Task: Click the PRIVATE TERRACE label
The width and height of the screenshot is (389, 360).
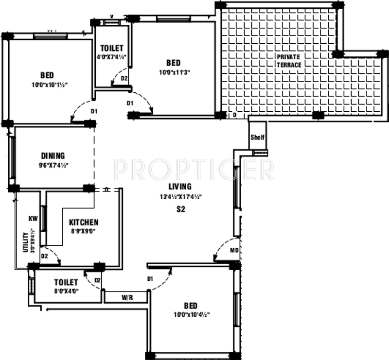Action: [x=289, y=61]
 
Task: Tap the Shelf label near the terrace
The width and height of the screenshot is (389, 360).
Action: [x=257, y=137]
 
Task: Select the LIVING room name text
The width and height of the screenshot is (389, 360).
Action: [x=180, y=187]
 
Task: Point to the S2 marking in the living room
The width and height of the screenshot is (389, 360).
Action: [x=181, y=210]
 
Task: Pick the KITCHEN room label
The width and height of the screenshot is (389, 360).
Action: [x=84, y=222]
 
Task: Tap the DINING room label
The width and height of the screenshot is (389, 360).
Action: [x=53, y=156]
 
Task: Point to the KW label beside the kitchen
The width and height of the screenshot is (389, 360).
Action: [x=33, y=219]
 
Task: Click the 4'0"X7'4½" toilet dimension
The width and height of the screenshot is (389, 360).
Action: [x=112, y=57]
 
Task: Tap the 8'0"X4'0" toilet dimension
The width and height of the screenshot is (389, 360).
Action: [x=66, y=291]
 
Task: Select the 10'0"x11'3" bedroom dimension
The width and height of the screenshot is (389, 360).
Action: [x=173, y=72]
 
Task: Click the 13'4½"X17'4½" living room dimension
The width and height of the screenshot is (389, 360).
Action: [x=180, y=197]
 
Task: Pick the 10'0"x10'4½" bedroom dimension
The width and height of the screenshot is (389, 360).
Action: [x=190, y=314]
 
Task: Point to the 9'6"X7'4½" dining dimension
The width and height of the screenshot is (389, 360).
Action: [x=53, y=165]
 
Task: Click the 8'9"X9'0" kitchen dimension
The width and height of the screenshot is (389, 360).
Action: [x=84, y=231]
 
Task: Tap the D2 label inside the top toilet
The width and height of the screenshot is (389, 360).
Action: [x=124, y=78]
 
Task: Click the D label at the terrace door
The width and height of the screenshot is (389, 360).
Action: [x=234, y=115]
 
